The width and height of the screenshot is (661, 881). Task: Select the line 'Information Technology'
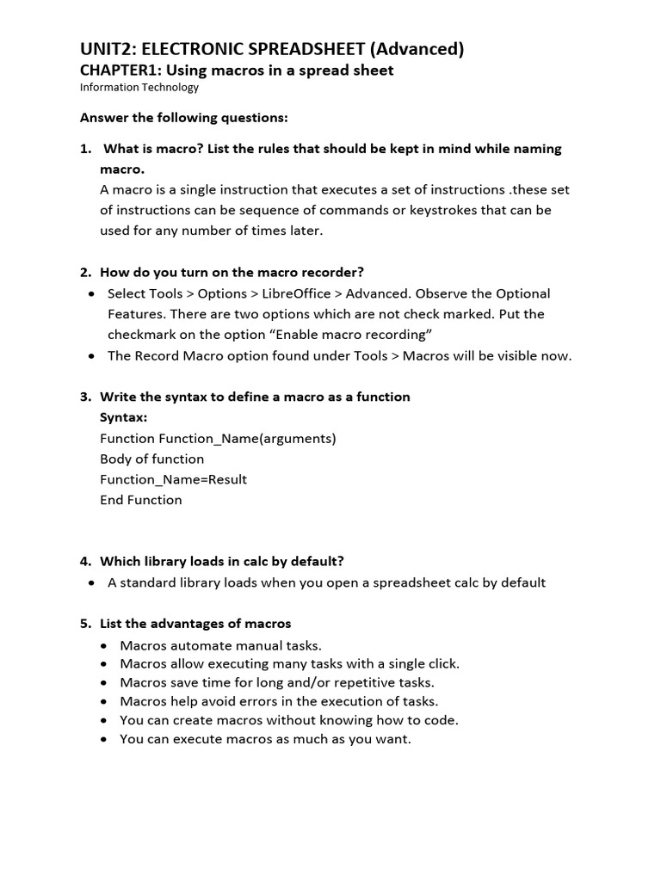[139, 87]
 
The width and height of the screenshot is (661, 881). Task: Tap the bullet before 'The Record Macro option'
[92, 355]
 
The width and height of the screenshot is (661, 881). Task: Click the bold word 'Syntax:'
[123, 417]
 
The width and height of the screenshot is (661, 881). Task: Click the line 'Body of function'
[152, 459]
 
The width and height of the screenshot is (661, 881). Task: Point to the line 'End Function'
[141, 500]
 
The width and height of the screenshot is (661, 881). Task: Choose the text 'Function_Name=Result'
[174, 479]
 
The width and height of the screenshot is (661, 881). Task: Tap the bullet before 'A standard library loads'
[92, 582]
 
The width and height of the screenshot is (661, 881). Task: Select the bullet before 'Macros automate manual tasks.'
[104, 645]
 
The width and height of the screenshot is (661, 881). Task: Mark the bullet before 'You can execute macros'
[104, 739]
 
